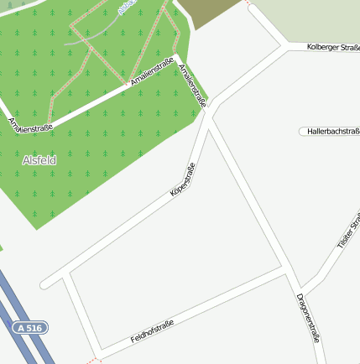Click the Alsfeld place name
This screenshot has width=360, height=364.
tap(39, 159)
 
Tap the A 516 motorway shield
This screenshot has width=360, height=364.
tap(31, 329)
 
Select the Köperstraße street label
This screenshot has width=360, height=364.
tap(183, 179)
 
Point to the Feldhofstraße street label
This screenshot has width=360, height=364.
tap(152, 331)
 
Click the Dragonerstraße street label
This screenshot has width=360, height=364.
tap(309, 317)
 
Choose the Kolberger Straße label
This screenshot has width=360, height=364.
tap(333, 47)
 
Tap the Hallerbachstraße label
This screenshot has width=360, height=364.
tap(333, 132)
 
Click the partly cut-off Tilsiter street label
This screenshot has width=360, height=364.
tap(348, 231)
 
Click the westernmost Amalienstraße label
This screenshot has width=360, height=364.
tap(30, 124)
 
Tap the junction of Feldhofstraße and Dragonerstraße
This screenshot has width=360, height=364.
tap(284, 270)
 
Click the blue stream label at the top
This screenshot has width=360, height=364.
tap(127, 6)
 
